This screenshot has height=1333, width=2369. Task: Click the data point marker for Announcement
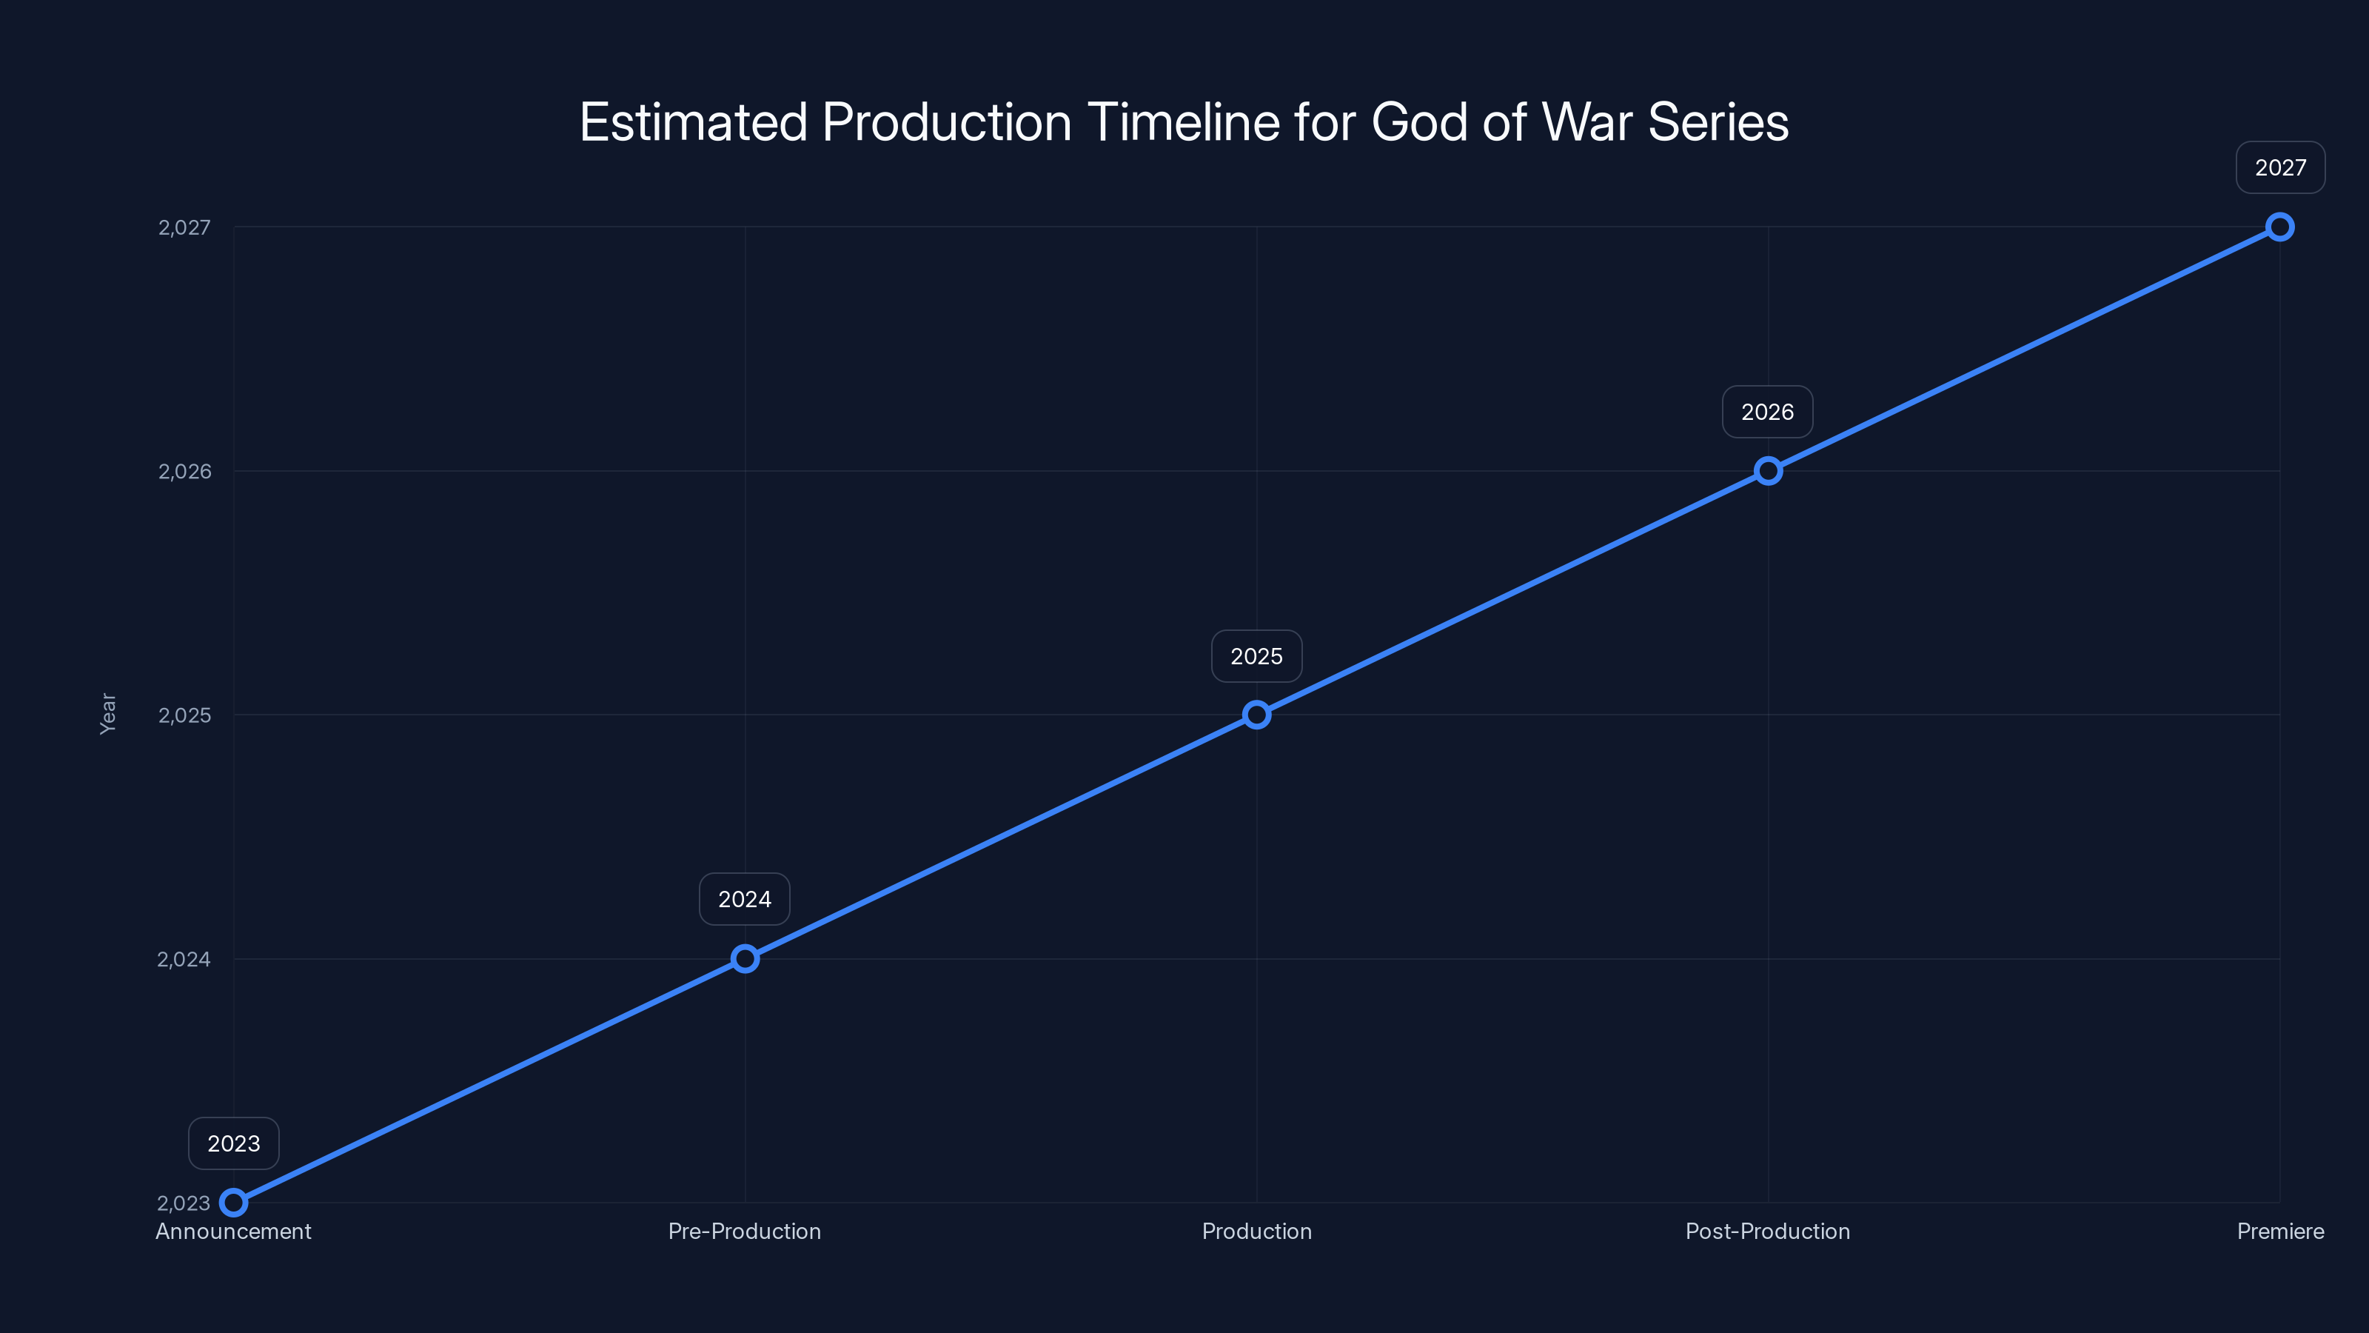coord(234,1203)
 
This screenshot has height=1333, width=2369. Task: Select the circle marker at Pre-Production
coord(745,958)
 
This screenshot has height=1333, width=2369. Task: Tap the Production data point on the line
coord(1256,715)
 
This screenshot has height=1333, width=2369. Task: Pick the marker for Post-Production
coord(1768,471)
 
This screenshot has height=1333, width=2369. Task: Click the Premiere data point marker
coord(2280,227)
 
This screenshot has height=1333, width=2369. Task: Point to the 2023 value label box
coord(234,1143)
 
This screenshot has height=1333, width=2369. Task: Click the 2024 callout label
coord(745,899)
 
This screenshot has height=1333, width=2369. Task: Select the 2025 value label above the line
coord(1256,656)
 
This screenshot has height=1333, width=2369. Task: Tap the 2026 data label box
coord(1768,412)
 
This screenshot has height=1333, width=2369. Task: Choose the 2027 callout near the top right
coord(2280,167)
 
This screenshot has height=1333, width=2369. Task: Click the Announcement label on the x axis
coord(234,1231)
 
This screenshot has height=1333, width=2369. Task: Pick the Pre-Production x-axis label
coord(745,1231)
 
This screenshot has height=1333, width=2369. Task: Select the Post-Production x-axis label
coord(1768,1231)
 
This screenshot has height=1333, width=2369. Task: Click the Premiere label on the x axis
coord(2280,1231)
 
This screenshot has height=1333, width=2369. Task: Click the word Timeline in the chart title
coord(1184,122)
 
